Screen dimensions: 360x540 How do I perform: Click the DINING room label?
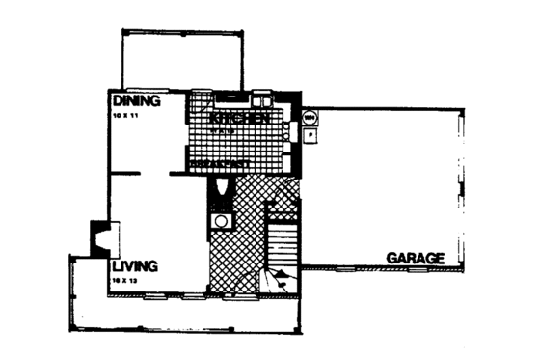[136, 100]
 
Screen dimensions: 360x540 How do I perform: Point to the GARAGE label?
[416, 258]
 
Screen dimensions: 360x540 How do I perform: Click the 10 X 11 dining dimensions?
[126, 115]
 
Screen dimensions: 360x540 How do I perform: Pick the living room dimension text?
[125, 278]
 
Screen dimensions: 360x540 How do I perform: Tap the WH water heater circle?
[310, 119]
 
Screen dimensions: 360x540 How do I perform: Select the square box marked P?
[310, 136]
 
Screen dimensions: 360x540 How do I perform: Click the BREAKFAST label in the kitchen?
[222, 164]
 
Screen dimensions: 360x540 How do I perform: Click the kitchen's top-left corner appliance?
[200, 100]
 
